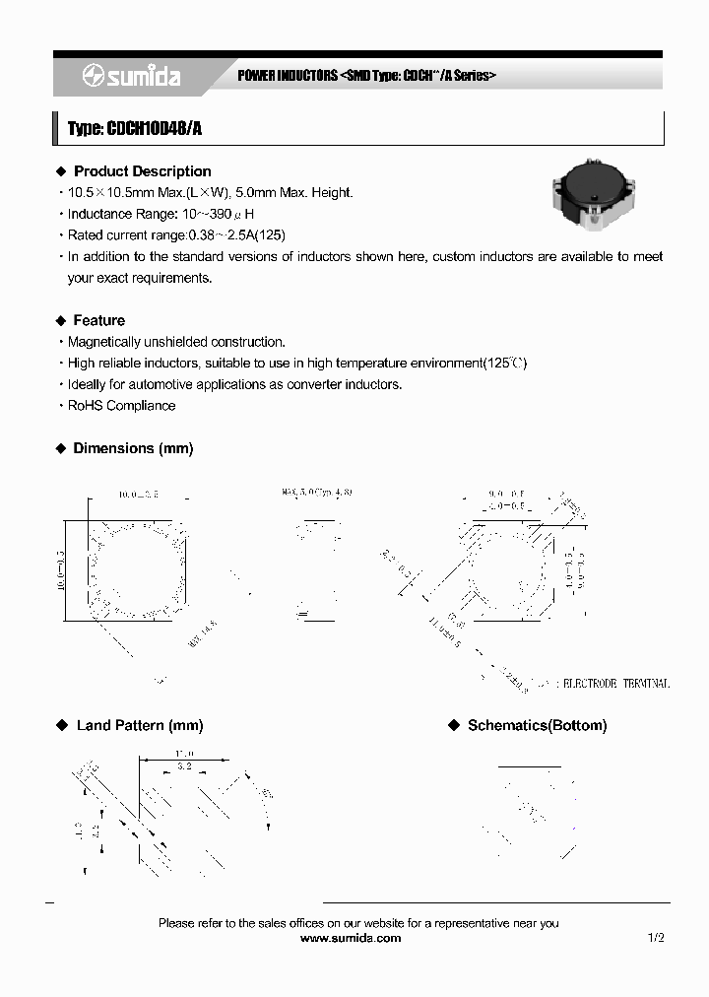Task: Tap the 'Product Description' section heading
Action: point(142,171)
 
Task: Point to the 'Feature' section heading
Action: point(98,320)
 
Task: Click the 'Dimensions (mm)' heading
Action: point(133,448)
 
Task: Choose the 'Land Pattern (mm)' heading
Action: point(140,725)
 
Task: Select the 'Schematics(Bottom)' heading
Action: point(537,725)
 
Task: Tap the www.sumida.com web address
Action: point(350,939)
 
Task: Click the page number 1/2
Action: point(657,939)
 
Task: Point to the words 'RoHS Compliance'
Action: point(121,406)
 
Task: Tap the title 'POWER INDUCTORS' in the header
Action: point(288,76)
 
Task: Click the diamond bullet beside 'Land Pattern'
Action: point(61,725)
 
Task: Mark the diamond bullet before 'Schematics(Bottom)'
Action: point(454,725)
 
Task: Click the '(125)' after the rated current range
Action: point(268,235)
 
